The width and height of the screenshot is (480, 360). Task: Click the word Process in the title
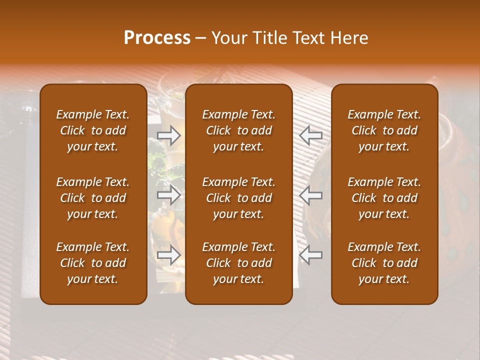pos(157,38)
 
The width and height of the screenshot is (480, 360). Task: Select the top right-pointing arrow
pos(168,135)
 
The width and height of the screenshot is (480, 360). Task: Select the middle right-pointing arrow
pos(168,194)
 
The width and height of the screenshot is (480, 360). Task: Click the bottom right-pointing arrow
pos(168,255)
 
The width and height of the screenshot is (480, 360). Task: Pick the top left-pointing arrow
pos(311,135)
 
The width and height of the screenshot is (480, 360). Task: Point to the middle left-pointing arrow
pos(311,194)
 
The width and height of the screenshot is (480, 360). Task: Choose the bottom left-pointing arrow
pos(311,255)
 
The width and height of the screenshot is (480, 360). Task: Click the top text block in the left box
pos(93,130)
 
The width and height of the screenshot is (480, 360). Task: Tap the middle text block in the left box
pos(93,198)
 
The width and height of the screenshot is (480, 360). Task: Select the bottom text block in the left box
pos(93,263)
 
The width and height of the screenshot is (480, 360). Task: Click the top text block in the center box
pos(239,130)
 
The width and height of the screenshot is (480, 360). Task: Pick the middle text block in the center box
pos(239,198)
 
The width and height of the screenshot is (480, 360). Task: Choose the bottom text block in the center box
pos(239,263)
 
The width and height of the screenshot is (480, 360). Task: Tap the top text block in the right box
pos(384,130)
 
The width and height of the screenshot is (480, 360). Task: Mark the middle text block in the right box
pos(384,198)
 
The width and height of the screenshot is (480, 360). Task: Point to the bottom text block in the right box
pos(384,263)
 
